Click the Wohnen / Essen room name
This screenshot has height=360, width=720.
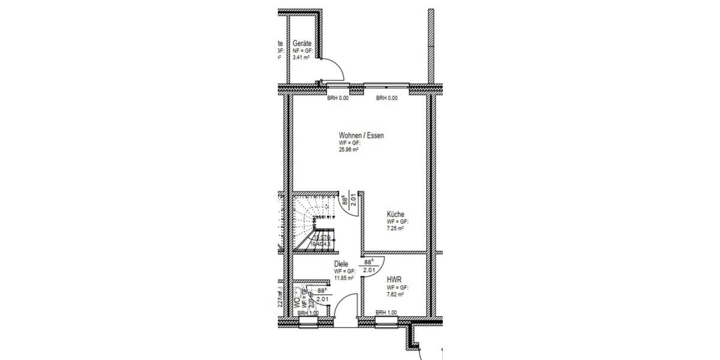click(x=361, y=136)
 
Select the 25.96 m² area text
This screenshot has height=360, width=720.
click(x=349, y=150)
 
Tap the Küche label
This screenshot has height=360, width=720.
click(x=395, y=214)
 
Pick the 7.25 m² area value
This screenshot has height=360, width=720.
click(x=395, y=229)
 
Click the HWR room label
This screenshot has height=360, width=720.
click(x=394, y=280)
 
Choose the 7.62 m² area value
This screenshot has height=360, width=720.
click(x=395, y=295)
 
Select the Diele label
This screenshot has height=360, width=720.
click(x=341, y=264)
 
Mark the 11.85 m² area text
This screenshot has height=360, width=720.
click(x=344, y=278)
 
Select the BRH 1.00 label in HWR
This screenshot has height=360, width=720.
click(x=386, y=313)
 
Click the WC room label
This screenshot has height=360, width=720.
click(x=298, y=304)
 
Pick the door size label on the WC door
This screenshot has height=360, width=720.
click(x=322, y=295)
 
